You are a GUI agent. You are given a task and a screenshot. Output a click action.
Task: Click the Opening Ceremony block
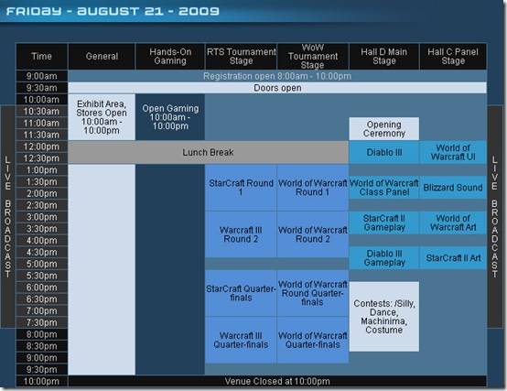(384, 129)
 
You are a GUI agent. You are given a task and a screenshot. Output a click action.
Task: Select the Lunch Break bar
(209, 152)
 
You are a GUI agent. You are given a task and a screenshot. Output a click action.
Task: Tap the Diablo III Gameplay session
(384, 257)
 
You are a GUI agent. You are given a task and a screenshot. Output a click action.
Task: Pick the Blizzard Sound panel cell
(453, 187)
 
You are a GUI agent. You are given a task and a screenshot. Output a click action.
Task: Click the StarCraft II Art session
(453, 257)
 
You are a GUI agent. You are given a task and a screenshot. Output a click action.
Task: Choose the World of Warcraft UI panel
(453, 152)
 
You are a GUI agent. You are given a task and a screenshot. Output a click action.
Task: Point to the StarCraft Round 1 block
(241, 188)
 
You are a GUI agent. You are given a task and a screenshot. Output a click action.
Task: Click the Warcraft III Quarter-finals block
(241, 340)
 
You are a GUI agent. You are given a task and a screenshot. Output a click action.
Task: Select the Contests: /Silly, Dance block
(384, 316)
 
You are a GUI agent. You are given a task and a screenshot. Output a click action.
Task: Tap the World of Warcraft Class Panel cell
(384, 187)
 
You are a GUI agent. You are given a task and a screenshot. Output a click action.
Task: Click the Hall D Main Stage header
(384, 56)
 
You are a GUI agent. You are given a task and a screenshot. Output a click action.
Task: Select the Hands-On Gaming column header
(170, 56)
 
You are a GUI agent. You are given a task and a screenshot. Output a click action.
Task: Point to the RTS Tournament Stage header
(241, 56)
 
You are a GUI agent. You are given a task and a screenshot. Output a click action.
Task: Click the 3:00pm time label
(42, 217)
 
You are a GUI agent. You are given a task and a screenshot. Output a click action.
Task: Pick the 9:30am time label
(42, 88)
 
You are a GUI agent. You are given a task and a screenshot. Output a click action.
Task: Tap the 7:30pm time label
(42, 322)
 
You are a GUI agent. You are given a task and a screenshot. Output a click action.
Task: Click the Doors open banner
(277, 88)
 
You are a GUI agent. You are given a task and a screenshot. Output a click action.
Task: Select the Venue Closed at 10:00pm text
(277, 381)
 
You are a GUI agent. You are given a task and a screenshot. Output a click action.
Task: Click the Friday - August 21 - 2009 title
(113, 11)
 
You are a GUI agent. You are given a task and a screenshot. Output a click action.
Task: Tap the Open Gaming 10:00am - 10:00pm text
(170, 117)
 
